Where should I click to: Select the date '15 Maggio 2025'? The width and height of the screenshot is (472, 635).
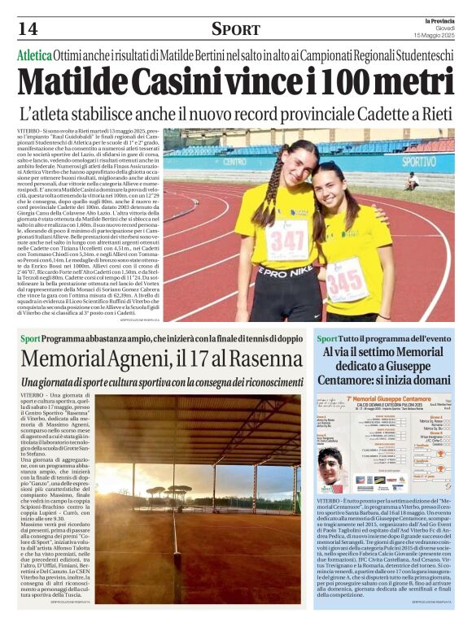click(x=436, y=35)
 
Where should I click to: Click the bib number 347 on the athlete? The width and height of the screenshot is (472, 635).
click(x=286, y=239)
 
